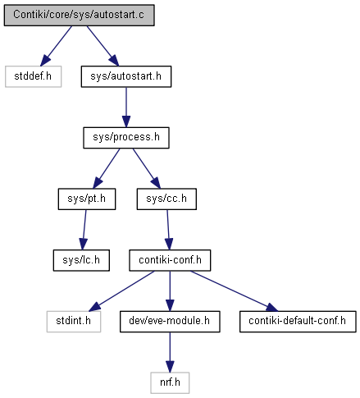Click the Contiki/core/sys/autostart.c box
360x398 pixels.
click(79, 15)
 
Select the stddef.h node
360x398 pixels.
click(33, 76)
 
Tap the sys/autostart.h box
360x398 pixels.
click(126, 76)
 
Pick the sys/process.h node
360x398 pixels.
click(126, 138)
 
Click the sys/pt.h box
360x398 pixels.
click(87, 199)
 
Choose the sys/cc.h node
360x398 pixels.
click(166, 199)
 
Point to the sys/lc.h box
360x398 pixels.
click(81, 260)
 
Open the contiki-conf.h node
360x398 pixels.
click(170, 260)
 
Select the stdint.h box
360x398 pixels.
click(74, 322)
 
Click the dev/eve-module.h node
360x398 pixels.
click(170, 322)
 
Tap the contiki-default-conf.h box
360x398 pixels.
click(298, 322)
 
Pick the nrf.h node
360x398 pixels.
click(170, 382)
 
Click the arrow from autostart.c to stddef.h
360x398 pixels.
click(56, 46)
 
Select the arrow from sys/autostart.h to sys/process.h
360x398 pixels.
click(126, 108)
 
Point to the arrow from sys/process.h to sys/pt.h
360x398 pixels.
click(107, 168)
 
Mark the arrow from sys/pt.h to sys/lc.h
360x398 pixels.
click(84, 230)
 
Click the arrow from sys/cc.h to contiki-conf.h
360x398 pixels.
click(168, 230)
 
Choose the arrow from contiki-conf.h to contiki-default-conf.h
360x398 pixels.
click(235, 291)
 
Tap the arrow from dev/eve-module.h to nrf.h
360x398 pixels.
click(170, 352)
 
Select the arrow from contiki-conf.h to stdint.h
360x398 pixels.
click(121, 291)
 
